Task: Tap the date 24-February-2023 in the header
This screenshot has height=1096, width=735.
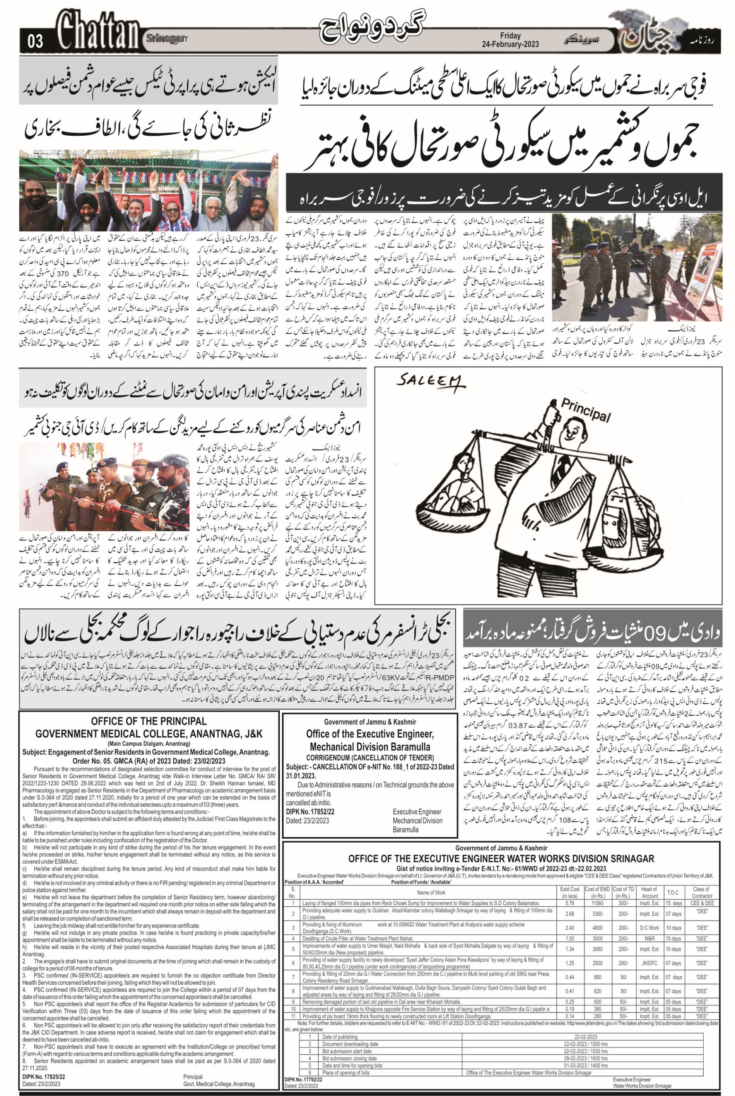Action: coord(511,44)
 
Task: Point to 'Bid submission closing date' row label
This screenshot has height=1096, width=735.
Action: coord(349,1054)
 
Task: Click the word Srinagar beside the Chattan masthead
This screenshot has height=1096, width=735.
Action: coord(167,38)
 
